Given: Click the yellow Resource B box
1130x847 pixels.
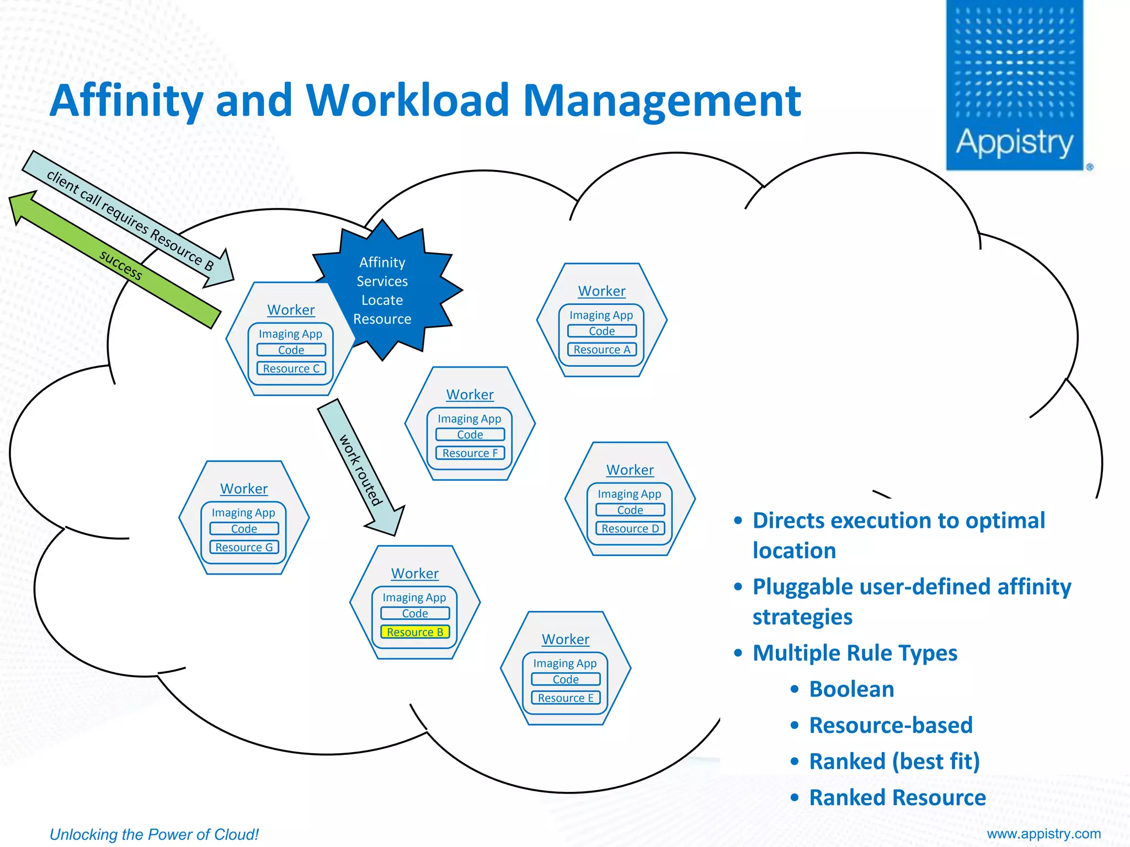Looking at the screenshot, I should coord(415,632).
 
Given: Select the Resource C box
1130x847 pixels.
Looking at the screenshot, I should coord(291,368).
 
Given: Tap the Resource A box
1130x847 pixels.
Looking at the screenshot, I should coord(601,350).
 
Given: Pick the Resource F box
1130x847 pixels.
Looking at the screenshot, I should coord(470,453).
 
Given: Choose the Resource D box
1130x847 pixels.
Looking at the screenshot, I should coord(630,528).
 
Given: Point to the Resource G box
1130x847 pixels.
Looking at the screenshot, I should coord(244,547).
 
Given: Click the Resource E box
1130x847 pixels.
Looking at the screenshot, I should coord(566,698).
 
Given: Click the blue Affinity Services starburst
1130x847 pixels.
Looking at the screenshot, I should coord(386,291).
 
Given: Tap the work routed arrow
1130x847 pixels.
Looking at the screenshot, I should coord(361,469).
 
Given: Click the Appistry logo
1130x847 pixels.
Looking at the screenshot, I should coord(1015,85).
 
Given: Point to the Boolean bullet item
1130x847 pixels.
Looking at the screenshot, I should coord(851,689).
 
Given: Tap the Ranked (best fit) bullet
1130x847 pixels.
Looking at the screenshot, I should coord(894,762).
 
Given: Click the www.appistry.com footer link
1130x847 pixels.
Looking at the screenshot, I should coord(1043,834).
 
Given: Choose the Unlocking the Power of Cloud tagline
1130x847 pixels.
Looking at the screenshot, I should coord(154,834).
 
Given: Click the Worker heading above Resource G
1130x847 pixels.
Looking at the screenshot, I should coord(244,489).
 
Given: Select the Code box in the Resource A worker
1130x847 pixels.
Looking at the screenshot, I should coord(601,331).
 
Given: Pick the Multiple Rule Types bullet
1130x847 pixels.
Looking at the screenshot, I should coord(854,653).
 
